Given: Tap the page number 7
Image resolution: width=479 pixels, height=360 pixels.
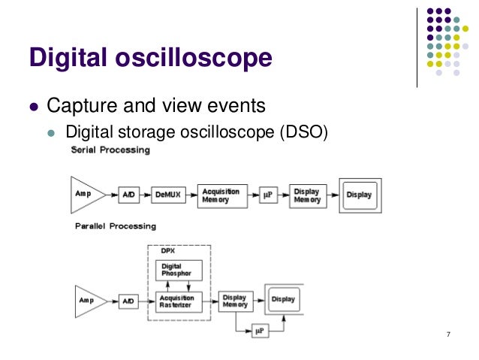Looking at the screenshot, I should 447,334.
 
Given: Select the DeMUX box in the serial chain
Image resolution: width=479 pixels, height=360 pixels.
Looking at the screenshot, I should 168,194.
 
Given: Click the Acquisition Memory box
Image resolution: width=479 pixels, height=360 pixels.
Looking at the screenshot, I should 221,194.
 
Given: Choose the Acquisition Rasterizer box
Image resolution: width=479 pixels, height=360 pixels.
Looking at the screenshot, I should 181,301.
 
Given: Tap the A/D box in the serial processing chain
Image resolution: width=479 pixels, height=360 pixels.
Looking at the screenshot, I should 128,194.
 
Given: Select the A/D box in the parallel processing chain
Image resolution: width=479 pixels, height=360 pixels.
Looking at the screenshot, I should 128,301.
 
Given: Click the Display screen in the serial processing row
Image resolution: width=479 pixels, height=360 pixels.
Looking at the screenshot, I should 359,195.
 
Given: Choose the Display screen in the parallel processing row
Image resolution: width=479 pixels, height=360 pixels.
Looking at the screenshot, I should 284,300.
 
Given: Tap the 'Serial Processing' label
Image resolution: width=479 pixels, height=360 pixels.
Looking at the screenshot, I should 110,150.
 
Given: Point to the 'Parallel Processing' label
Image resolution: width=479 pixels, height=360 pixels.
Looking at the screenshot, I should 115,226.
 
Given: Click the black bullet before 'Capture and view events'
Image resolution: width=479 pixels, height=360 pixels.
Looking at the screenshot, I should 32,105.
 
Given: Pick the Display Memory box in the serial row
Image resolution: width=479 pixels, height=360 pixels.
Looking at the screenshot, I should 306,195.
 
